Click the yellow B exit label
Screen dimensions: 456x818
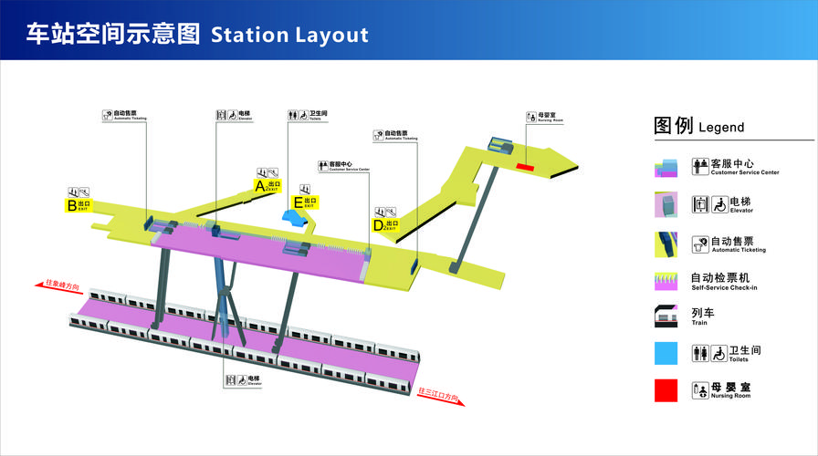tap(78, 205)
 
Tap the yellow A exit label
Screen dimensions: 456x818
tap(267, 185)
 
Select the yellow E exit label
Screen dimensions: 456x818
tap(305, 202)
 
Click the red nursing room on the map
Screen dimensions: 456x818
tap(525, 166)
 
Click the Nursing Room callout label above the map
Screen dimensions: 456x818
tap(545, 118)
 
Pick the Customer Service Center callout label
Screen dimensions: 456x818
tap(343, 166)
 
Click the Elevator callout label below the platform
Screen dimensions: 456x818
tap(244, 379)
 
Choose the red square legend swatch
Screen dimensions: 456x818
tap(666, 389)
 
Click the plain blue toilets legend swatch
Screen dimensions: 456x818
tap(666, 353)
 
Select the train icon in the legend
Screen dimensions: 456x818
tap(666, 316)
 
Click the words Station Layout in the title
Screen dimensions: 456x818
tap(289, 35)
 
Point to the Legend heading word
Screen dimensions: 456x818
tap(721, 128)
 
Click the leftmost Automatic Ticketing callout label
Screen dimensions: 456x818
tap(126, 115)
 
